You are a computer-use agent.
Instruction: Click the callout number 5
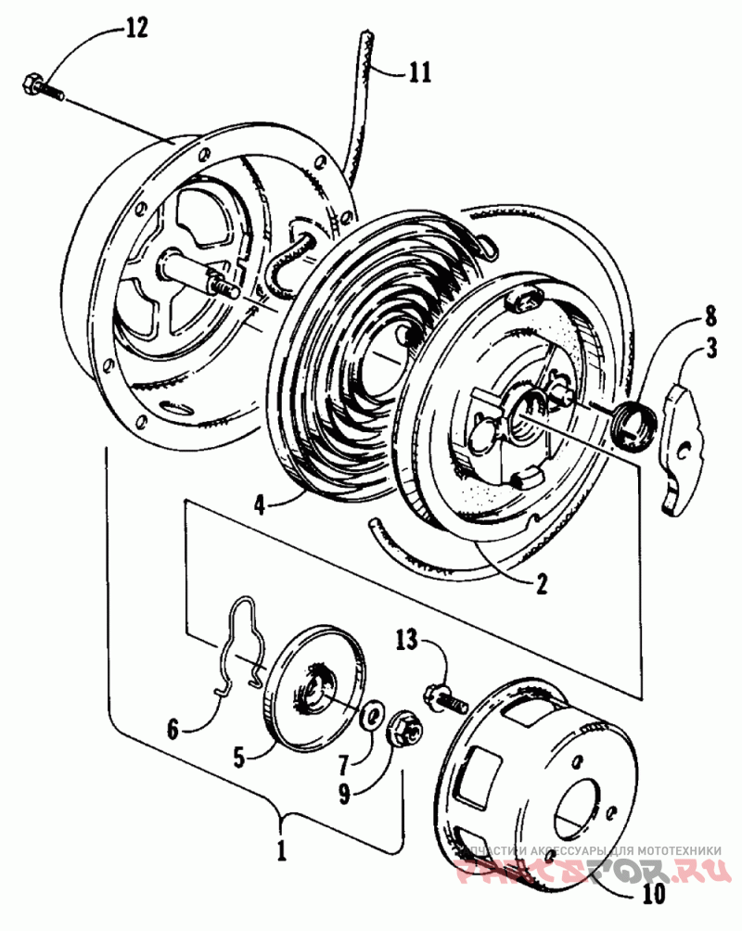[x=238, y=758]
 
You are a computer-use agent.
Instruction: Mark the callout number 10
[x=653, y=895]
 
